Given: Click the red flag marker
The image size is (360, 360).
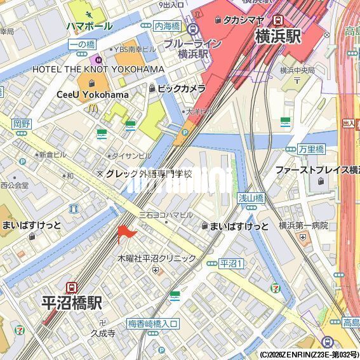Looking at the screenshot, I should coord(125,234).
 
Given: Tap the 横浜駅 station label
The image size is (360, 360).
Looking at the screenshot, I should coord(277,37).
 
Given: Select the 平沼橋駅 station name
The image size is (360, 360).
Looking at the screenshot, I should coord(72,303).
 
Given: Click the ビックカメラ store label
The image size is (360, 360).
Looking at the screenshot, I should coord(181,88).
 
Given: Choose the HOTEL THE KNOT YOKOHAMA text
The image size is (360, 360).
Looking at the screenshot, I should coord(98,69).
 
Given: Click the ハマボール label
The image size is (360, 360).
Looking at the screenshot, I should coord(89,26).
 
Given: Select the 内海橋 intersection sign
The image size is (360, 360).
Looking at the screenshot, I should coord(167,27).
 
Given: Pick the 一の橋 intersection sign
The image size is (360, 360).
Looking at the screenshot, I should coord(81,44).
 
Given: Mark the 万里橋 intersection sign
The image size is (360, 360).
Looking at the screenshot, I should coord(311,149).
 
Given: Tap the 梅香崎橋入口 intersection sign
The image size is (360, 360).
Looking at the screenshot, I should coord(153,324).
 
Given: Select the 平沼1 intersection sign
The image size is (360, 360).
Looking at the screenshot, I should coord(230,263).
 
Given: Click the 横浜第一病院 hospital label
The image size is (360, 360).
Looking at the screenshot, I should coord(303,225).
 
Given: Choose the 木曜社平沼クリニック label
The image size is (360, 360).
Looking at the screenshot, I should coord(157,258).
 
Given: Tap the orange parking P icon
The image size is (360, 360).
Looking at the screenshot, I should coord(185,133).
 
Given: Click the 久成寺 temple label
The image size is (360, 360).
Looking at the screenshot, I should coord(102,332).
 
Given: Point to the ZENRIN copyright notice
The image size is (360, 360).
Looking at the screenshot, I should coord(309,355).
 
